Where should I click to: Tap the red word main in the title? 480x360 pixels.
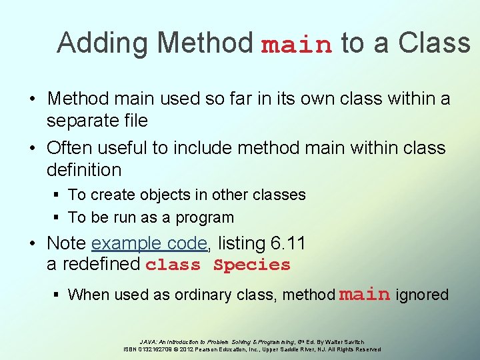(297, 45)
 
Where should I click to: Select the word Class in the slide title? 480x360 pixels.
(434, 43)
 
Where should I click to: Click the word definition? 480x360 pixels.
(84, 170)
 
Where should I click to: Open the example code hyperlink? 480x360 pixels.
(149, 243)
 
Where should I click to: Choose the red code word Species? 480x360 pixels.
(252, 265)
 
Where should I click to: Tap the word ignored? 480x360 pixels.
(422, 295)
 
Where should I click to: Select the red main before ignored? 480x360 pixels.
(365, 294)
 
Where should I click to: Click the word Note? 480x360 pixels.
(67, 243)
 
